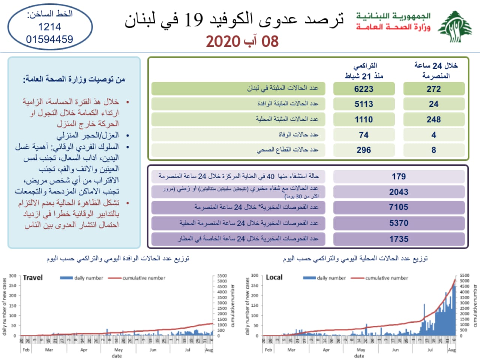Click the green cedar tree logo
pos(455,27)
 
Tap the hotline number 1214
pos(49,27)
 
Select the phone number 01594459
pos(49,39)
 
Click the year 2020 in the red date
pos(223,41)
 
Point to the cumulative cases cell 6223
pos(364,89)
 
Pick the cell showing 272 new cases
pos(433,89)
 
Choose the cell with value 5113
pos(364,104)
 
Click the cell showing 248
pos(433,119)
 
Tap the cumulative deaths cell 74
pos(364,135)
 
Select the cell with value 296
pos(364,150)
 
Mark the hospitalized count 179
pos(399,176)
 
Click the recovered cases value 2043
pos(399,192)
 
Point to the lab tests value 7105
pos(399,207)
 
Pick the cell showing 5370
pos(399,223)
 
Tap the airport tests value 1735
pos(399,239)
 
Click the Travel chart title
pos(33,277)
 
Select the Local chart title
pos(274,277)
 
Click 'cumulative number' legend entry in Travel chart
pos(144,278)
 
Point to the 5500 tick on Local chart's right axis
pos(464,275)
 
